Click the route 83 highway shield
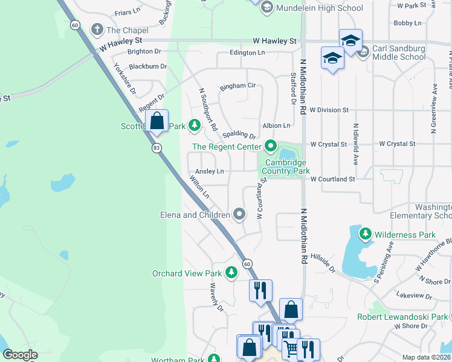click(x=157, y=148)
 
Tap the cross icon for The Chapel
click(x=97, y=30)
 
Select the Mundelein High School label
click(x=319, y=8)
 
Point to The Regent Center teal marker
click(x=270, y=146)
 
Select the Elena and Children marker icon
click(x=239, y=214)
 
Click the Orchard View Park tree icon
click(x=230, y=273)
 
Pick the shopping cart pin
click(x=292, y=348)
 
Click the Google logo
click(x=21, y=355)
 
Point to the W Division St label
click(x=329, y=110)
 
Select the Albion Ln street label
click(x=276, y=125)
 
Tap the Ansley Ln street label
click(x=210, y=171)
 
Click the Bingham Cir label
click(x=237, y=86)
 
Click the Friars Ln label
click(x=127, y=11)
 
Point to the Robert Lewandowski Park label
click(x=410, y=317)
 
